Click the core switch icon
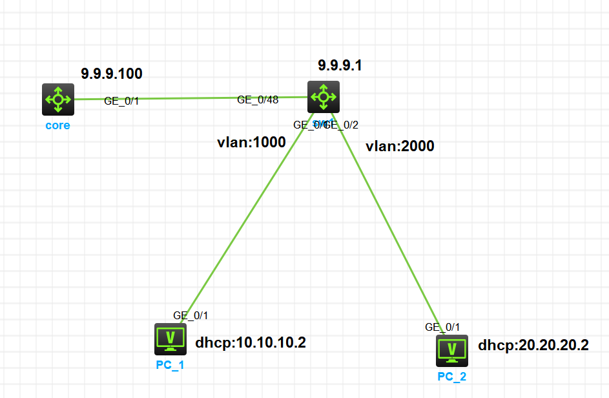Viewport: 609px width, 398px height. (x=58, y=99)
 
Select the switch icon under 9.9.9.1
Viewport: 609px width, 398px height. (x=323, y=97)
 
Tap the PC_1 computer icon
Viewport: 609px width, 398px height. (x=170, y=339)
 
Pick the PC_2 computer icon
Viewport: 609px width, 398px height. (x=451, y=350)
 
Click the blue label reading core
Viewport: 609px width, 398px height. (x=57, y=125)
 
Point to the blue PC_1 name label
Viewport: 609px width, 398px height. (x=170, y=365)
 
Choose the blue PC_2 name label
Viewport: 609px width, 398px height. (x=451, y=377)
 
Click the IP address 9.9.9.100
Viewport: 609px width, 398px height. (x=111, y=74)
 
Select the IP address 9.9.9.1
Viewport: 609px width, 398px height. (x=340, y=65)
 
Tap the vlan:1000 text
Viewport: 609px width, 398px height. (x=251, y=143)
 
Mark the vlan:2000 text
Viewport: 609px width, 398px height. (x=400, y=146)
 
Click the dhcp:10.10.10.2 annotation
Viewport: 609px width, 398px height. (x=250, y=342)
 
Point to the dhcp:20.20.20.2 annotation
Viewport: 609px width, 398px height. (x=533, y=345)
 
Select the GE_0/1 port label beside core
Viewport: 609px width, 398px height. (x=121, y=101)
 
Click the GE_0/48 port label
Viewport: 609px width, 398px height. (x=258, y=99)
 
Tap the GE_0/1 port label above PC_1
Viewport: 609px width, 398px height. (x=191, y=315)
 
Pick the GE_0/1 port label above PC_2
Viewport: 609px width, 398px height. (x=442, y=327)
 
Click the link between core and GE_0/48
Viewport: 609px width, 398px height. (x=187, y=98)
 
